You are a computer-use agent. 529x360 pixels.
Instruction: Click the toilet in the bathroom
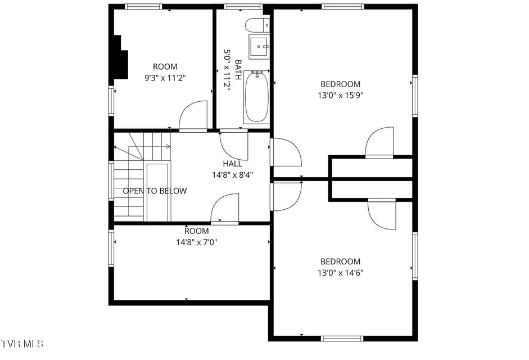pos(257,25)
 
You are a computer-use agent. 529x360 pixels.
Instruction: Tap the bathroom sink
pos(259,46)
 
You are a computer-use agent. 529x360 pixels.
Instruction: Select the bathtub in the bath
pos(257,97)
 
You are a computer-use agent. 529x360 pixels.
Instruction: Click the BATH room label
pos(238,70)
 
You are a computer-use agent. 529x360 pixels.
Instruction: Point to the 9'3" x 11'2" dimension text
pos(165,78)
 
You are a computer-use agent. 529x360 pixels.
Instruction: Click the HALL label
pos(232,164)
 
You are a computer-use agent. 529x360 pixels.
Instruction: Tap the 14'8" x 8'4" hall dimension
pos(232,175)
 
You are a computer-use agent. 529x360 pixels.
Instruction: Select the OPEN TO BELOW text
pos(155,191)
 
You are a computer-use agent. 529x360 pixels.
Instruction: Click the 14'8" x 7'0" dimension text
pos(197,242)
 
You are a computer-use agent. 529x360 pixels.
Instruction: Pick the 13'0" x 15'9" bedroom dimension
pos(341,95)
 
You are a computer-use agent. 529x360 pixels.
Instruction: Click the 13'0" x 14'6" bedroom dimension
pos(341,273)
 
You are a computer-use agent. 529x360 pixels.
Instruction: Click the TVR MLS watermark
pos(22,344)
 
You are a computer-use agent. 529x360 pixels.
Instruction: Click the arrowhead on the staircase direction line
pos(168,146)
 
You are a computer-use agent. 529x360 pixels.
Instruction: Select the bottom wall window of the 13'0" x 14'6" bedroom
pos(342,338)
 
